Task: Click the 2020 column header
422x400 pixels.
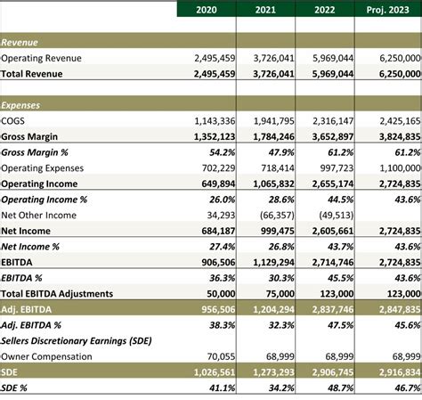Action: click(207, 10)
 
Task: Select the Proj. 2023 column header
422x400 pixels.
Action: click(387, 10)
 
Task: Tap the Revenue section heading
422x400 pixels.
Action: click(20, 43)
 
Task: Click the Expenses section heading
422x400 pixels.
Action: click(20, 105)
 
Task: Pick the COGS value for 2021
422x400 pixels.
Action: click(274, 121)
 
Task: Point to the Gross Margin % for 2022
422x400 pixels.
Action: click(340, 152)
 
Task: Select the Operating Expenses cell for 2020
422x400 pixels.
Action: click(218, 168)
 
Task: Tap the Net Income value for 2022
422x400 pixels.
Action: click(333, 231)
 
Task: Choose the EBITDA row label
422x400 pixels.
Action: click(17, 263)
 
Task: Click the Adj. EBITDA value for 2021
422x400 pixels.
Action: click(273, 310)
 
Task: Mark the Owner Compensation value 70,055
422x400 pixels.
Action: click(221, 356)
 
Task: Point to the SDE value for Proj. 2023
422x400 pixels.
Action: click(400, 372)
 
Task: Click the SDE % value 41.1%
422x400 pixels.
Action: click(222, 388)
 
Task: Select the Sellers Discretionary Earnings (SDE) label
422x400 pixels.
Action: click(77, 341)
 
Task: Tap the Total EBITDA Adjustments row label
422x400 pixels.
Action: click(57, 294)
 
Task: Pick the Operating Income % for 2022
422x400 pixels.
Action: click(340, 200)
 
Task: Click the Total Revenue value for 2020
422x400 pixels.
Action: click(215, 74)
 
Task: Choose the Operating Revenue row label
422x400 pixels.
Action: click(41, 58)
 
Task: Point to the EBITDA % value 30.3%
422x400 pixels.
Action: click(281, 278)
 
